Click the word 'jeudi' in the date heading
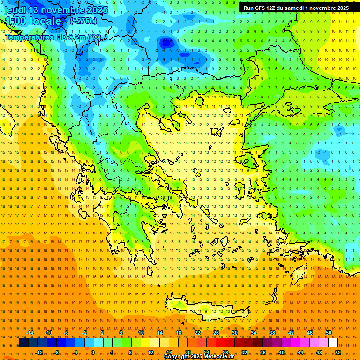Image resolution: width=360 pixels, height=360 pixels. [x=15, y=10]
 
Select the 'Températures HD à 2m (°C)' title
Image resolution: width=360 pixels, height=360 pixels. [x=52, y=37]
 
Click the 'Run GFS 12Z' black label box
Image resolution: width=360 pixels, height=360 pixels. [x=296, y=8]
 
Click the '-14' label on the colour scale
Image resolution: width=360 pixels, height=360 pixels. [x=29, y=333]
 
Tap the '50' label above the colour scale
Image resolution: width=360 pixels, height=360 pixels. [x=329, y=333]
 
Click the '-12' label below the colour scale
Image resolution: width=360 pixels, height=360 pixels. [x=39, y=352]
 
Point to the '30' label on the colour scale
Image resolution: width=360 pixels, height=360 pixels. [x=235, y=333]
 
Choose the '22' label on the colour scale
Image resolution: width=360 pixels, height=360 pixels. [x=197, y=333]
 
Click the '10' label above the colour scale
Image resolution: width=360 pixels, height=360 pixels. [x=141, y=333]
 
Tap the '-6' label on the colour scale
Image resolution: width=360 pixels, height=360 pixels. [x=66, y=333]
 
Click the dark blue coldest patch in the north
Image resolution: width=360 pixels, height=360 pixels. [x=165, y=43]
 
